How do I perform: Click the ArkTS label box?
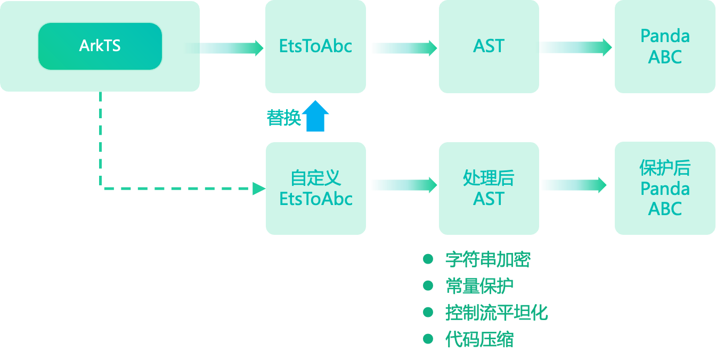click(x=100, y=46)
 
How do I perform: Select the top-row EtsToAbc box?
click(x=315, y=46)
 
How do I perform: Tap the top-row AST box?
click(x=489, y=46)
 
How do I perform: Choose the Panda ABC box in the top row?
click(x=665, y=46)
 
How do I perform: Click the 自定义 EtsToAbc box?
click(x=315, y=188)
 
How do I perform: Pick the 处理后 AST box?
click(x=489, y=188)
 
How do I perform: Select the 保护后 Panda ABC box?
click(x=665, y=188)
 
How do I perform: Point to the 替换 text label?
click(x=283, y=118)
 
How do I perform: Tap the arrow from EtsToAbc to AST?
click(x=403, y=48)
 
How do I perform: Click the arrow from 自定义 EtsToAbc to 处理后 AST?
click(x=403, y=185)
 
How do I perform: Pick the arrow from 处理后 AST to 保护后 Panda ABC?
click(x=573, y=185)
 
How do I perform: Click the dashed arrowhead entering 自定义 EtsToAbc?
click(x=259, y=188)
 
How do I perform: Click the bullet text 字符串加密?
click(x=487, y=260)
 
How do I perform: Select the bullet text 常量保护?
click(x=479, y=286)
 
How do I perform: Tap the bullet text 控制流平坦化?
click(x=496, y=313)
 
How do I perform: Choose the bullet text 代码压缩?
click(x=479, y=339)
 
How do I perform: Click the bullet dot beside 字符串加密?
click(x=428, y=259)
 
